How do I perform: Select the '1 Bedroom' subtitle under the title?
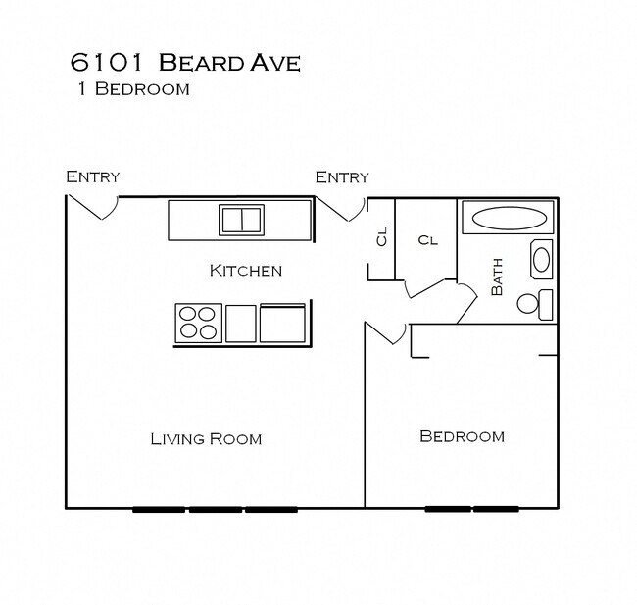tap(132, 89)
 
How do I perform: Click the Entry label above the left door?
tap(92, 176)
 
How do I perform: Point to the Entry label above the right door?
tap(342, 176)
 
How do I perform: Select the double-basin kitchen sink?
tap(241, 220)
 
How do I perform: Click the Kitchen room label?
tap(246, 271)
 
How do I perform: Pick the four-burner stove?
tap(198, 322)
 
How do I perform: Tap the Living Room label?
tap(206, 438)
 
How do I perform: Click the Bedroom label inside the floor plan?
tap(462, 436)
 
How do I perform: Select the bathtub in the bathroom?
tap(507, 218)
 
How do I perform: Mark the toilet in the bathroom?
tap(535, 304)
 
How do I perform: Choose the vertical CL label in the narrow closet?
tap(381, 236)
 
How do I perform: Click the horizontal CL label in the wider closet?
tap(426, 239)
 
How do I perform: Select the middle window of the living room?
tap(215, 509)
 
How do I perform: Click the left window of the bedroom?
tap(447, 509)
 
